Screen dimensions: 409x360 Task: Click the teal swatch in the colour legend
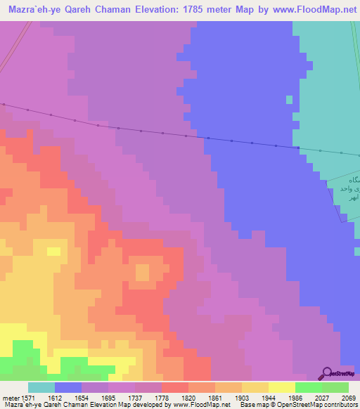(x=41, y=387)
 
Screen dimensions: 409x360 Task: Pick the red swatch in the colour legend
(x=175, y=387)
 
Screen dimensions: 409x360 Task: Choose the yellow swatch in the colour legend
(x=282, y=387)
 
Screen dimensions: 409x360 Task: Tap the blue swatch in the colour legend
(x=68, y=387)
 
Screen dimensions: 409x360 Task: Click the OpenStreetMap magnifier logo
(x=326, y=373)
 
